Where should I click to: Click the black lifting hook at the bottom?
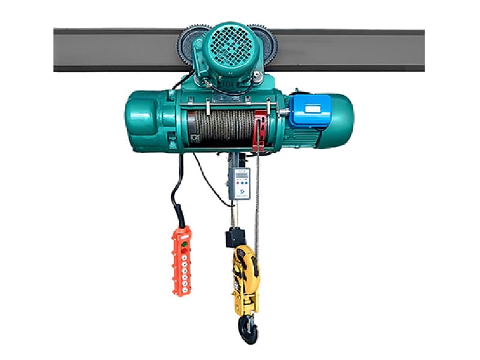247,326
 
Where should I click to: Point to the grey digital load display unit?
239,184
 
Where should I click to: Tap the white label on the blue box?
313,109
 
